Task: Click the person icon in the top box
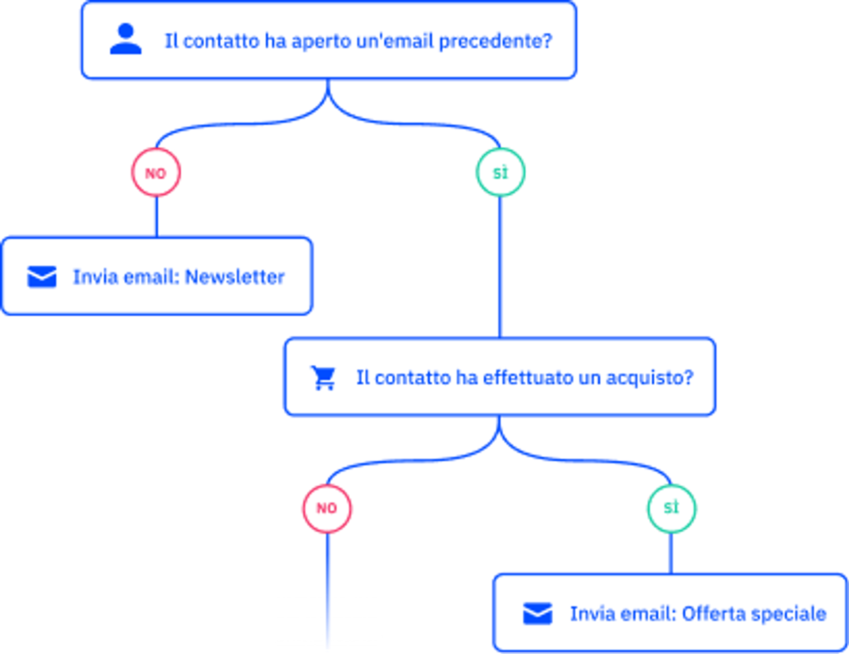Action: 126,39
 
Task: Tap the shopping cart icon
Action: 324,378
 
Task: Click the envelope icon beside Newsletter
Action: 42,277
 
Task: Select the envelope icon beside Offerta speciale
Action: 538,613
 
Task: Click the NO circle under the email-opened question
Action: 156,172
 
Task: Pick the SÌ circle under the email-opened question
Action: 501,172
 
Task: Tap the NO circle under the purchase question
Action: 327,509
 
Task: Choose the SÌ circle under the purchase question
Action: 672,509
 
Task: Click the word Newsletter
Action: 235,277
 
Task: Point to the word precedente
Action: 496,41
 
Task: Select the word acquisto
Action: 650,378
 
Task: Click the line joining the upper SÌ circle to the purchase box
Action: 500,267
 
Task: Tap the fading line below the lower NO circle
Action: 328,590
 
